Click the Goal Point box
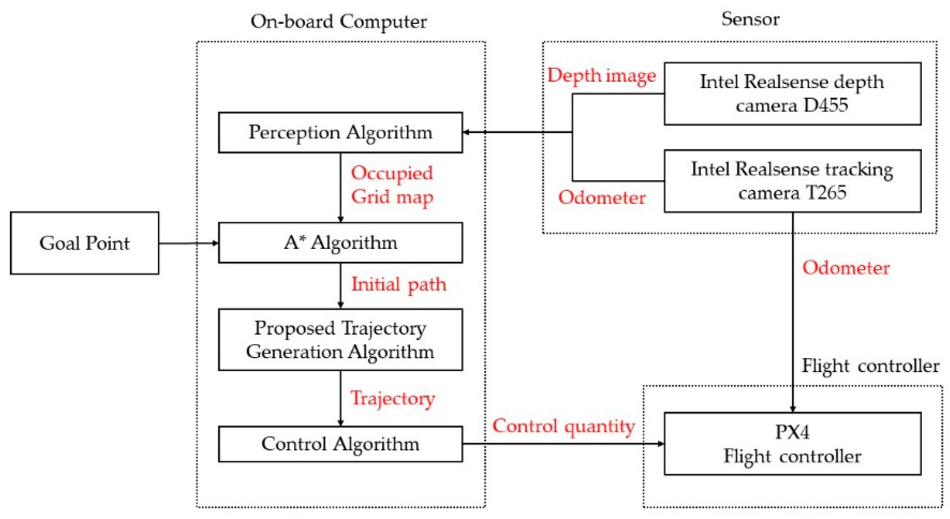pyautogui.click(x=84, y=243)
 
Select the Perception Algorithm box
pyautogui.click(x=340, y=132)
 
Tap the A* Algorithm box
pyautogui.click(x=340, y=242)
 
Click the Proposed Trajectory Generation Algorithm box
pyautogui.click(x=340, y=339)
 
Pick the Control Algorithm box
pyautogui.click(x=340, y=444)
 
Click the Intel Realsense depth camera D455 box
pyautogui.click(x=792, y=94)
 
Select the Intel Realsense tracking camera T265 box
pyautogui.click(x=792, y=181)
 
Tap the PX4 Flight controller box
pyautogui.click(x=792, y=444)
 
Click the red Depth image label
pyautogui.click(x=601, y=76)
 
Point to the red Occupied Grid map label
pyautogui.click(x=392, y=185)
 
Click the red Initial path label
pyautogui.click(x=399, y=284)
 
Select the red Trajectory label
pyautogui.click(x=393, y=398)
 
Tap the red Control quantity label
pyautogui.click(x=563, y=426)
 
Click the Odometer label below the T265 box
pyautogui.click(x=846, y=268)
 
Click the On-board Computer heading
pyautogui.click(x=339, y=21)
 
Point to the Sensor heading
pyautogui.click(x=750, y=19)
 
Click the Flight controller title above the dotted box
pyautogui.click(x=870, y=366)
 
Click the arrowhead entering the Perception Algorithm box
pyautogui.click(x=466, y=132)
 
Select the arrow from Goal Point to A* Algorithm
pyautogui.click(x=188, y=243)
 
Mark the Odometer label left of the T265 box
pyautogui.click(x=601, y=197)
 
